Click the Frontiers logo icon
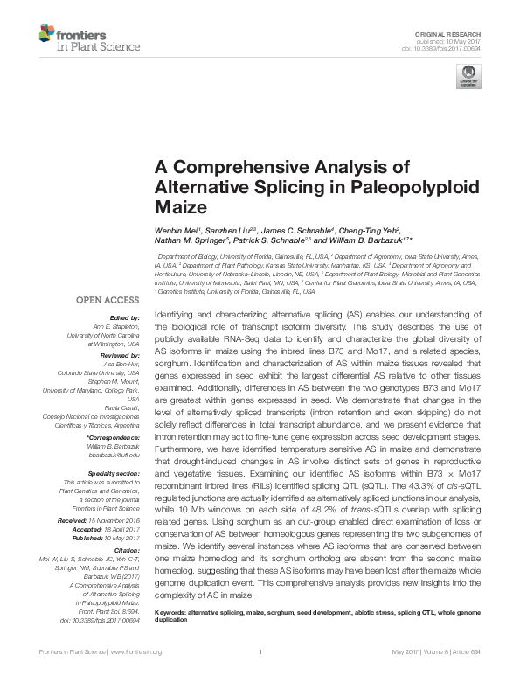[48, 34]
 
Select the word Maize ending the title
[181, 208]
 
